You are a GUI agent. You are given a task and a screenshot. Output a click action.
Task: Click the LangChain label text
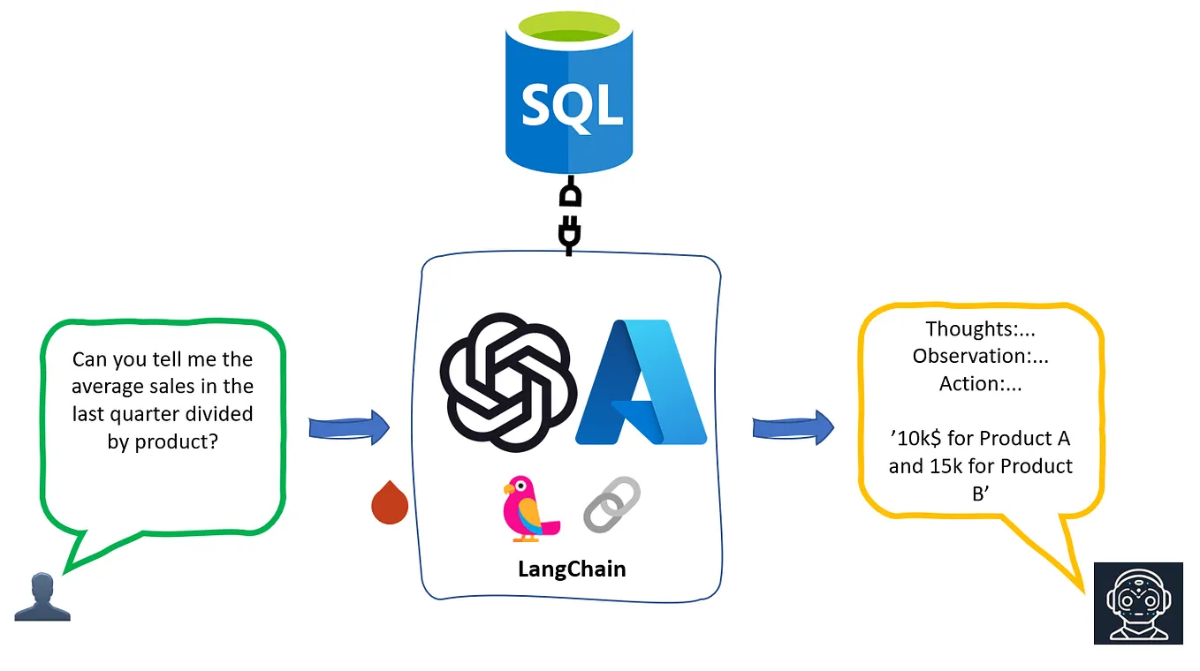point(571,569)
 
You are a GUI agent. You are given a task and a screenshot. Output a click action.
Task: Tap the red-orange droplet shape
point(389,502)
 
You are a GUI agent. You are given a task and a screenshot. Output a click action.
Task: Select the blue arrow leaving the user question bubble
point(349,428)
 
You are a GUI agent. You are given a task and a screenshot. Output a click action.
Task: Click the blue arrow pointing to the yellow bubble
point(793,428)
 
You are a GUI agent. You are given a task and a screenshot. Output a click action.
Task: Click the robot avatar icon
point(1137,602)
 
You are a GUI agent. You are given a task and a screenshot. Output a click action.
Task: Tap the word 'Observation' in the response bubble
point(970,356)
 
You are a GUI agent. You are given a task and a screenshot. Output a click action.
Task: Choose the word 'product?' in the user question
point(175,441)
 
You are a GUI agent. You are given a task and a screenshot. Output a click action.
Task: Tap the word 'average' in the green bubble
point(107,386)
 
